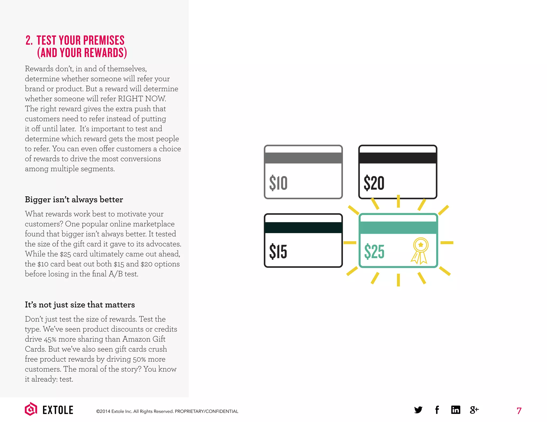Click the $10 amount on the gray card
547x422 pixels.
(x=278, y=183)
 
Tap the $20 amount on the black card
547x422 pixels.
(x=374, y=183)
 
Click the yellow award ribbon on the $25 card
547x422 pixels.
(x=420, y=250)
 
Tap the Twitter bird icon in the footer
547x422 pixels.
(x=418, y=410)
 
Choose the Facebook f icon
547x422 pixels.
(x=437, y=410)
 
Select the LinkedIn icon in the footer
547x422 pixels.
(x=456, y=410)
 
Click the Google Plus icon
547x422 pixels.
(x=474, y=410)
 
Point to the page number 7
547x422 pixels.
(x=519, y=411)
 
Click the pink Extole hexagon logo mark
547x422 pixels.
(x=31, y=409)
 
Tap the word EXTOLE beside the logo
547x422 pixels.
(x=58, y=410)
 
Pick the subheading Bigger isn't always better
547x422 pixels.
(x=74, y=200)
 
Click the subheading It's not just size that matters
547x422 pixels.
(x=80, y=305)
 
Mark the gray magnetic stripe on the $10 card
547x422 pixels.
(x=303, y=158)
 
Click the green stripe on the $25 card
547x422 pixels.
(x=398, y=228)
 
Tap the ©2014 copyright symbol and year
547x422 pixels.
(x=103, y=411)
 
